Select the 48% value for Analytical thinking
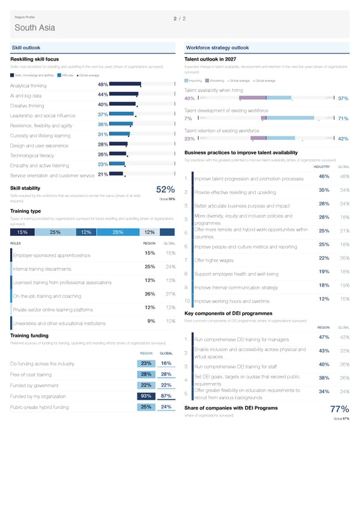[x=102, y=85]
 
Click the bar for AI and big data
[x=124, y=95]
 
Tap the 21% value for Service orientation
[x=102, y=175]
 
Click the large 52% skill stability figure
[x=164, y=190]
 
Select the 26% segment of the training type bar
[x=118, y=233]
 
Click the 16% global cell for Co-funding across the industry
[x=167, y=363]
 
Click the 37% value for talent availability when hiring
[x=343, y=99]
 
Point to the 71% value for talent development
[x=343, y=119]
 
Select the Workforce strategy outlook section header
[x=217, y=47]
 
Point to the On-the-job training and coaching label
[x=47, y=296]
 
